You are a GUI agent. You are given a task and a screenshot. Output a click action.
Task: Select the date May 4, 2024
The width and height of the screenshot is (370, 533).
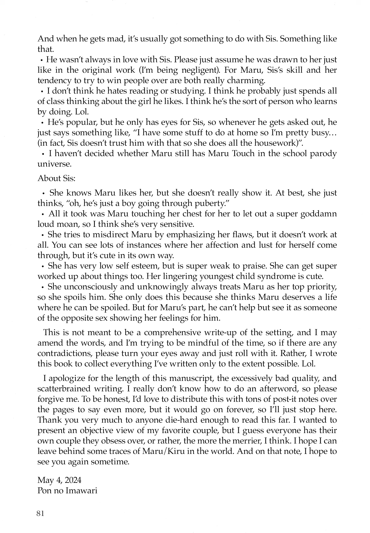tap(59, 480)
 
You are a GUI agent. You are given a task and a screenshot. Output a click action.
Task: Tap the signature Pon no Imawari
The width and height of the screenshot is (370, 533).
tap(67, 491)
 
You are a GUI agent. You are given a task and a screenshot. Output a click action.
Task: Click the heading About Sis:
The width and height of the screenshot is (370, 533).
tap(56, 178)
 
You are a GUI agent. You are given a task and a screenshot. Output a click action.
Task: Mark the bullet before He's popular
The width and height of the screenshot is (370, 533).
tap(43, 123)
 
